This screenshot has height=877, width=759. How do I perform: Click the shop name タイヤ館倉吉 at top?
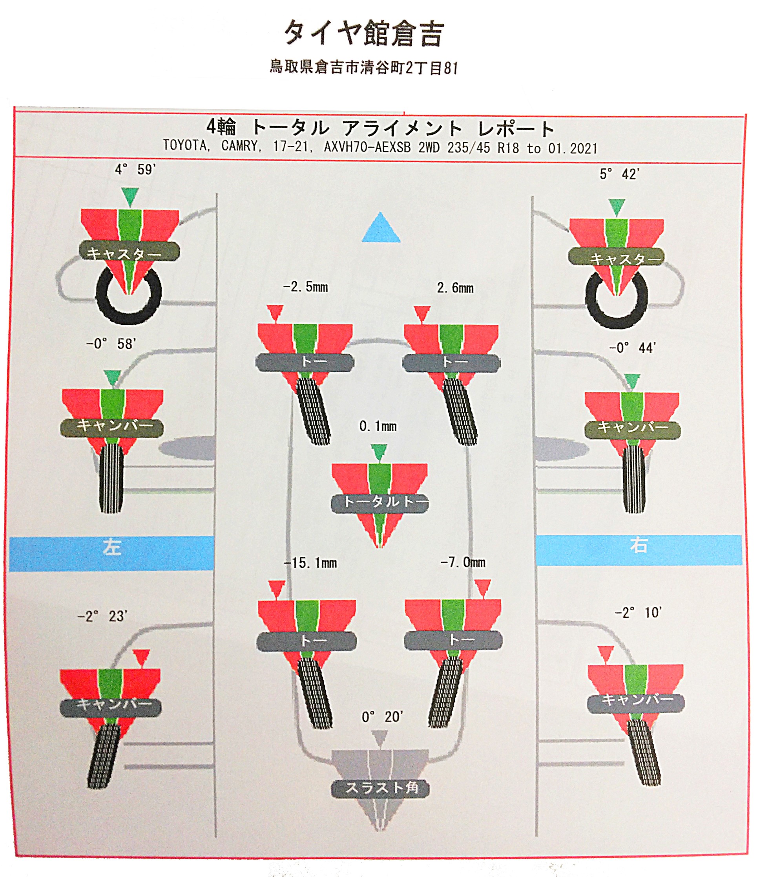363,34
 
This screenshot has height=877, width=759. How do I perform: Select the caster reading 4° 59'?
135,170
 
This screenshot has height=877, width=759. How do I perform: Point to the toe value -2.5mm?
305,287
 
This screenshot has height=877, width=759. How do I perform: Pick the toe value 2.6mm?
455,288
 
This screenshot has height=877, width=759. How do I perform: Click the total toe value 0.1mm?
378,427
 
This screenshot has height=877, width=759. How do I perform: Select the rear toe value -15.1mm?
310,563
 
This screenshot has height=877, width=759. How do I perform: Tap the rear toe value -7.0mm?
463,562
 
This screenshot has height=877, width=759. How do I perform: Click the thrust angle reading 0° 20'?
382,717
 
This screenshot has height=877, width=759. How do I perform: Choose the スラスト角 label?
381,788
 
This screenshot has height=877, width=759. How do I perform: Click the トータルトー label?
379,503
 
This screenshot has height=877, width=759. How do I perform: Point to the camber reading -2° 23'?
102,616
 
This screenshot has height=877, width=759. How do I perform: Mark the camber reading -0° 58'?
111,344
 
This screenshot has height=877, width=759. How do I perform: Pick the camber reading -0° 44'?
633,348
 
